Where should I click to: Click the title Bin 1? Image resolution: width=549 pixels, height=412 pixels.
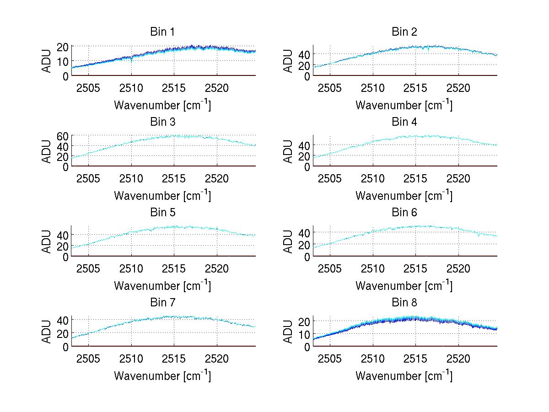coord(162,32)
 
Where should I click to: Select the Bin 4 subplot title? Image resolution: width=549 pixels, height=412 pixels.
coord(404,122)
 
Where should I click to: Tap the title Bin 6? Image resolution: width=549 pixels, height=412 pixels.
coord(404,213)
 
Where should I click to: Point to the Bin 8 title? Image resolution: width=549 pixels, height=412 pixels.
coord(404,303)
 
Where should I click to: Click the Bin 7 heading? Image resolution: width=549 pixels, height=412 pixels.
coord(162,303)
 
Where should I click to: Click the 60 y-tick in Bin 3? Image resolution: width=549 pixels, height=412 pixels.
coord(63,136)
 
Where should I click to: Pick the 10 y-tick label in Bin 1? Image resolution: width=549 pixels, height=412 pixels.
coord(63,61)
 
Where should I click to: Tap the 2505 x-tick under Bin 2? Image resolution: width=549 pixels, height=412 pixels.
coord(330,88)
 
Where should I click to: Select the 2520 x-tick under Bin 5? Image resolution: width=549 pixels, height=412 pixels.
coord(217,268)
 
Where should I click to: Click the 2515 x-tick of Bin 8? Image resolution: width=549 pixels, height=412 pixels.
coord(415,358)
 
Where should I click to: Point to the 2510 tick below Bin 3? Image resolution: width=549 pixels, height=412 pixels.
coord(131,178)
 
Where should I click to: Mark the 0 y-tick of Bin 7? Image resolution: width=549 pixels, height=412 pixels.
coord(66,347)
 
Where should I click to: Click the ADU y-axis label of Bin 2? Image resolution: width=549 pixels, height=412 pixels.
coord(287,61)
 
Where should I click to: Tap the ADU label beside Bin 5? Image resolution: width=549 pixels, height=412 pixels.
coord(46,241)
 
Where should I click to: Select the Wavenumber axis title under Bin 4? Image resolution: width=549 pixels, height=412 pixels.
coord(404,196)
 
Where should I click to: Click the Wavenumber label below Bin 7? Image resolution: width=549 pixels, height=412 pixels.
coord(162,376)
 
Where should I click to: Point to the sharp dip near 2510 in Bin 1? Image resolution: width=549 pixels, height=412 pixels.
coord(131,59)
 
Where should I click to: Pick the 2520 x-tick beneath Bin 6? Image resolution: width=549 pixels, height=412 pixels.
coord(458,268)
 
